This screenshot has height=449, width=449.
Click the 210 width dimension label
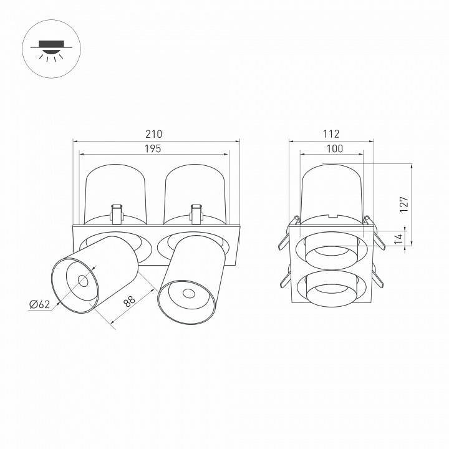click(153, 133)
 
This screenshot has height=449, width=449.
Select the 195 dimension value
click(153, 148)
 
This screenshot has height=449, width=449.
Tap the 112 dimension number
click(331, 133)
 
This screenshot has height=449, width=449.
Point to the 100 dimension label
click(331, 148)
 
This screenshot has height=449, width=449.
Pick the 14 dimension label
click(398, 239)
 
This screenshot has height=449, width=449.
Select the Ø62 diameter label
click(39, 304)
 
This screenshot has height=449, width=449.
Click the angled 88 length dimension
click(129, 301)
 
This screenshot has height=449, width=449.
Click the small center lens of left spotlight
click(82, 281)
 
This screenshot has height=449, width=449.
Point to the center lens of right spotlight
click(186, 294)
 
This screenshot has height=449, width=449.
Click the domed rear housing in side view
click(331, 190)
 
